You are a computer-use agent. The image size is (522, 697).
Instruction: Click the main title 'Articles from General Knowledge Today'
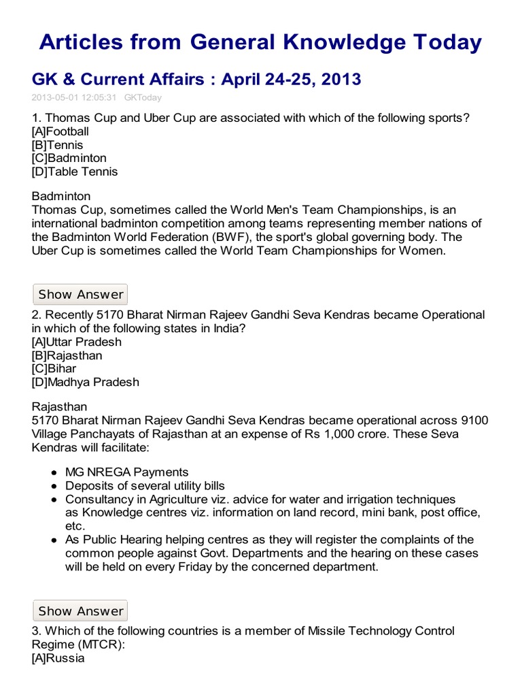tap(260, 42)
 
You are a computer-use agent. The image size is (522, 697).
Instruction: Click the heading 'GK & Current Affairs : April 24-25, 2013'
tap(196, 80)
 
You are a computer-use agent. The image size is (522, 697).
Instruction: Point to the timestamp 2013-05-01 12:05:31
tap(74, 97)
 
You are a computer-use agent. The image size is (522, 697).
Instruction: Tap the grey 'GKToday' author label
tap(143, 97)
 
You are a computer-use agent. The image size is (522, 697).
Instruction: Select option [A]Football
tap(60, 131)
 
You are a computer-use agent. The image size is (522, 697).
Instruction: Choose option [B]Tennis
tap(58, 145)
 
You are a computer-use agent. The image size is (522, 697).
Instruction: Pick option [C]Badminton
tap(69, 158)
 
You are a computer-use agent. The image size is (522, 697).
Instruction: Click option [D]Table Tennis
tap(75, 172)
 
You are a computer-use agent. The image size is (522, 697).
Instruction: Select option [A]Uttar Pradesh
tap(77, 342)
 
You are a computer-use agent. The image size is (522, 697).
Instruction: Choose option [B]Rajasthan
tap(67, 355)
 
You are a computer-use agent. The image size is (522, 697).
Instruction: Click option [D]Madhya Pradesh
tap(86, 382)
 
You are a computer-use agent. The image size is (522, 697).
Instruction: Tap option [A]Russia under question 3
tap(58, 658)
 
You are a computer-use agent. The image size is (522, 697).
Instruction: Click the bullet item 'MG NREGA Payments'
tap(127, 472)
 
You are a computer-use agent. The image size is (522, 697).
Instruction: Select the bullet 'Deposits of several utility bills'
tap(145, 486)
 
